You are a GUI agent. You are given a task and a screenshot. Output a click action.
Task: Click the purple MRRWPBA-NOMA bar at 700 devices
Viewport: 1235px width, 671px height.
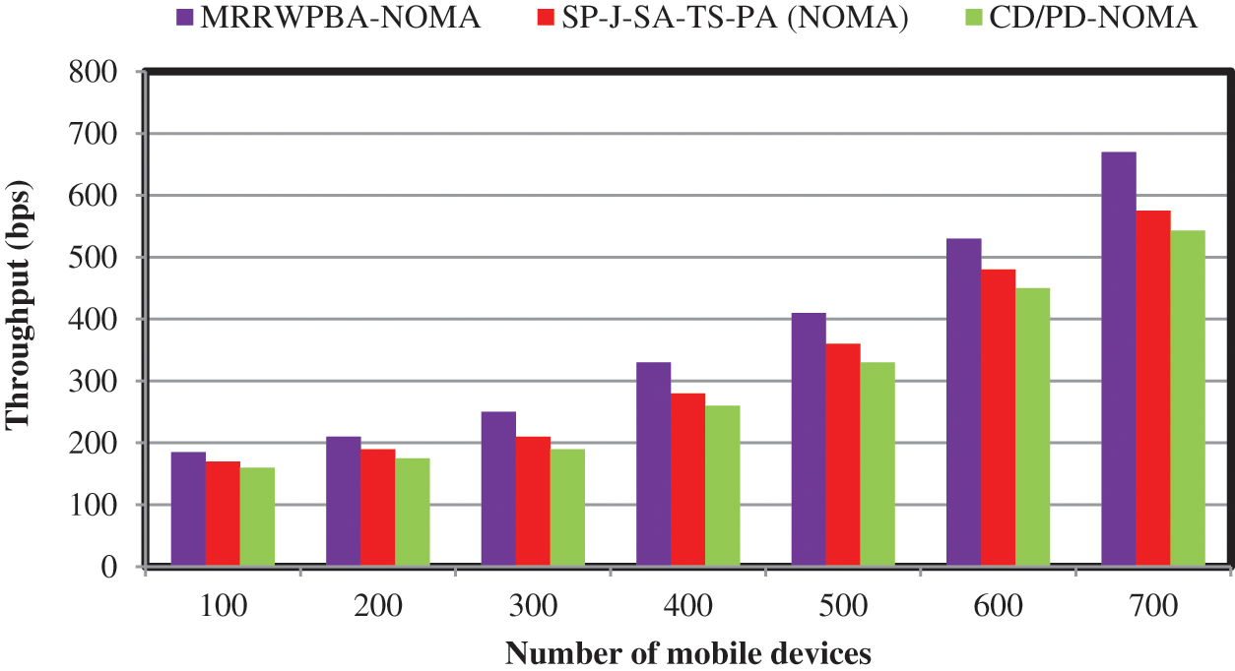click(1119, 359)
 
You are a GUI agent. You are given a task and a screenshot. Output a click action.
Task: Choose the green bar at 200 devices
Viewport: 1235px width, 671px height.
click(413, 512)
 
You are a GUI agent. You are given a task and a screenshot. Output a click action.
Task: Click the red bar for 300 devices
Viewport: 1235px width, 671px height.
click(533, 502)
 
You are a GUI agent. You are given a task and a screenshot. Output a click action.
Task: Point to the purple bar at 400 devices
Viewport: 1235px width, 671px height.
click(653, 464)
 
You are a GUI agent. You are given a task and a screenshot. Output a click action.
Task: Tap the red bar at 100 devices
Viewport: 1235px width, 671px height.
click(223, 514)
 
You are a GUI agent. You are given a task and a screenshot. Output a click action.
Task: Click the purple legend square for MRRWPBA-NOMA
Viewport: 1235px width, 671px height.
click(185, 18)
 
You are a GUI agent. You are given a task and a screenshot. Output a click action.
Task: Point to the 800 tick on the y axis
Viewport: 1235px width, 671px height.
click(95, 72)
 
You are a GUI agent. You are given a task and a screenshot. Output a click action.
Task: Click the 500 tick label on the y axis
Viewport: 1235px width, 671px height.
click(95, 258)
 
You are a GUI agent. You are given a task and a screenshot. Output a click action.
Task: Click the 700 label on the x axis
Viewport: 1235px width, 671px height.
click(1153, 605)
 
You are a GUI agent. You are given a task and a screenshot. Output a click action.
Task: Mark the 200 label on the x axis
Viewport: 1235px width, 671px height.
click(377, 605)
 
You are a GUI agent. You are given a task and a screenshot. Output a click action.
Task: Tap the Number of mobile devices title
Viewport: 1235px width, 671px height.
click(688, 652)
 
